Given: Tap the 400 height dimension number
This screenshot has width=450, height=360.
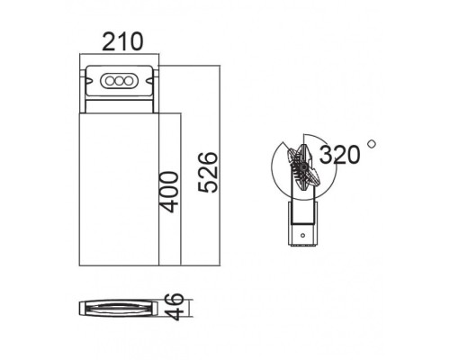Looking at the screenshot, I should [170, 190].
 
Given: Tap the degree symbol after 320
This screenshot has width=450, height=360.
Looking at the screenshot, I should [371, 142].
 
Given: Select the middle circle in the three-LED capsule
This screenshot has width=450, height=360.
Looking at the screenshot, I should [119, 81].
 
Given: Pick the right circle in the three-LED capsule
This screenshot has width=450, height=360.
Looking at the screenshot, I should [130, 81].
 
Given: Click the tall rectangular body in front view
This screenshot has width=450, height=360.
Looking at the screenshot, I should [119, 189].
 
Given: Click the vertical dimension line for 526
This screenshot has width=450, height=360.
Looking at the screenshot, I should [220, 166].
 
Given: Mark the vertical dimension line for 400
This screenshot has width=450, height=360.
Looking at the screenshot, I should [183, 189].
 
